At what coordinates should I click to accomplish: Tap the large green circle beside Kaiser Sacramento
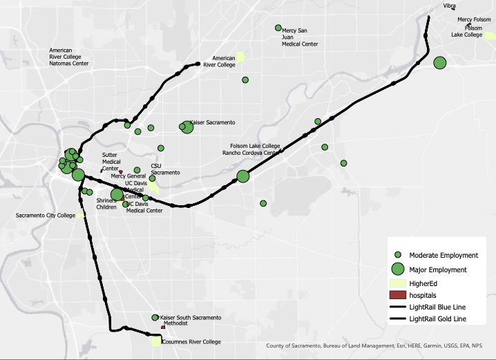[x=187, y=126]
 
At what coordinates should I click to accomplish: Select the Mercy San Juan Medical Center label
[x=300, y=37]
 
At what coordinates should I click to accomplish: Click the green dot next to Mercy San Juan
[x=278, y=28]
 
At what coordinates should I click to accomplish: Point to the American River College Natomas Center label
[x=69, y=57]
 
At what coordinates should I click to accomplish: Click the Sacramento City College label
[x=46, y=216]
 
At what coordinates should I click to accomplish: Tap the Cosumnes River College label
[x=191, y=342]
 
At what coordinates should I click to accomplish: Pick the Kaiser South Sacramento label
[x=191, y=317]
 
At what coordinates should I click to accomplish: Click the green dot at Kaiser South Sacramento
[x=155, y=318]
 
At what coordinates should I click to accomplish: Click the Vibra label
[x=450, y=6]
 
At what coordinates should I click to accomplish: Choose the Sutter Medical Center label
[x=111, y=162]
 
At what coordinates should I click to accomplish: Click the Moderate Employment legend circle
[x=398, y=255]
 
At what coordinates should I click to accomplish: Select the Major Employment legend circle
[x=398, y=269]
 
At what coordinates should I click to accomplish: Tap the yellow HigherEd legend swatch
[x=398, y=283]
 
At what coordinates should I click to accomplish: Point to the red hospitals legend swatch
[x=398, y=295]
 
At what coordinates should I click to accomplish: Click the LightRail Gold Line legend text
[x=438, y=319]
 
